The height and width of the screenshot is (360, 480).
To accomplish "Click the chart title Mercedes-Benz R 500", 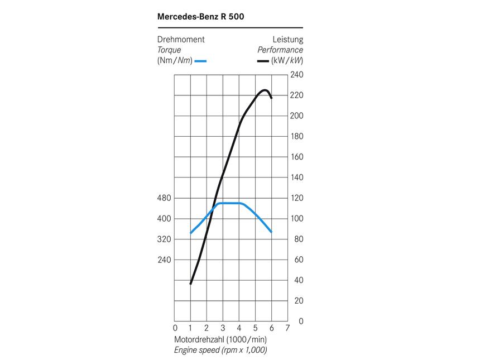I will pyautogui.click(x=201, y=16).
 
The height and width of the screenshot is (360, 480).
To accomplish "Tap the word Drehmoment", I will pyautogui.click(x=181, y=40).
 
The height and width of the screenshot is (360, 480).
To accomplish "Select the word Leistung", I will pyautogui.click(x=287, y=40).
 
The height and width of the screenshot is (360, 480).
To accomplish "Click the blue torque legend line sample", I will pyautogui.click(x=201, y=60).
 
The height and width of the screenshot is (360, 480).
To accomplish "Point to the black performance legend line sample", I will pyautogui.click(x=263, y=60).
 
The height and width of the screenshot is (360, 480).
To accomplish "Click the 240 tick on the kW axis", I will pyautogui.click(x=296, y=75).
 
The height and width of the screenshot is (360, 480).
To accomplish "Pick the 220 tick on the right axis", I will pyautogui.click(x=296, y=95).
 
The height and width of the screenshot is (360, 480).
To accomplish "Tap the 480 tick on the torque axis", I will pyautogui.click(x=165, y=198).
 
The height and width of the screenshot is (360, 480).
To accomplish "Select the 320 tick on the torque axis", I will pyautogui.click(x=165, y=239).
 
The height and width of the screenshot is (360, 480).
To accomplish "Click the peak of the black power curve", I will pyautogui.click(x=265, y=90).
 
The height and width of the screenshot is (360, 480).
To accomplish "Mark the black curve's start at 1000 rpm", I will pyautogui.click(x=191, y=284).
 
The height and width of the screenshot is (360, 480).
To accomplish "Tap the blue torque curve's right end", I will pyautogui.click(x=271, y=232).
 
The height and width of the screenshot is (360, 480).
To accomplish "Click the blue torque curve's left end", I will pyautogui.click(x=191, y=233).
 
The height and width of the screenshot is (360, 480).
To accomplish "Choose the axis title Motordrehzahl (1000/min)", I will pyautogui.click(x=220, y=339).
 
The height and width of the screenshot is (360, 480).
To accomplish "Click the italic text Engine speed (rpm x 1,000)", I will pyautogui.click(x=220, y=350).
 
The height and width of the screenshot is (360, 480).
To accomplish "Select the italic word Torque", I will pyautogui.click(x=169, y=50).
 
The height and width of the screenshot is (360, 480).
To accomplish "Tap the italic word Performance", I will pyautogui.click(x=280, y=50).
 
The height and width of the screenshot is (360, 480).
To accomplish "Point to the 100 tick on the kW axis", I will pyautogui.click(x=296, y=219).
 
